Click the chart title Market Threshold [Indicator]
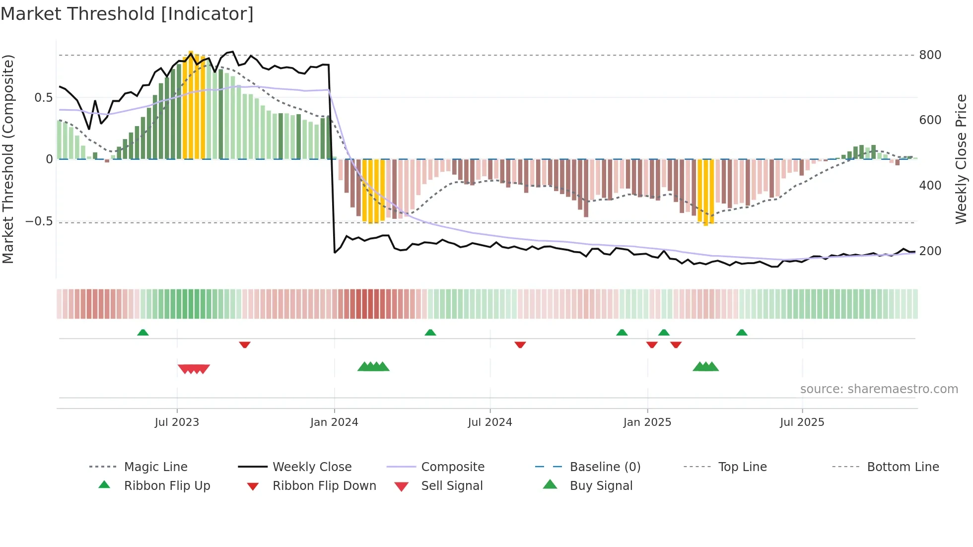point(127,14)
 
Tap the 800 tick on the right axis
point(930,55)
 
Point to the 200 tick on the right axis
point(930,251)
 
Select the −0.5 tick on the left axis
point(39,221)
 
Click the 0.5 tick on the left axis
point(43,98)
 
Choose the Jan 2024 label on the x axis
point(334,422)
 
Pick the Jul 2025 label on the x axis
point(802,422)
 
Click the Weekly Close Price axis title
point(961,159)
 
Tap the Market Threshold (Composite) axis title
point(8,159)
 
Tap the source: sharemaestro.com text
point(879,389)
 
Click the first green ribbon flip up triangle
point(143,333)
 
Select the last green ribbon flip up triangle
point(742,333)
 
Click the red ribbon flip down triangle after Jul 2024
point(520,344)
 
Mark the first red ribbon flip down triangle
point(244,344)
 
